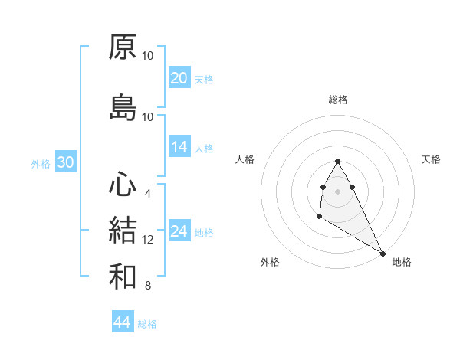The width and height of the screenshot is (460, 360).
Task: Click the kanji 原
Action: (123, 47)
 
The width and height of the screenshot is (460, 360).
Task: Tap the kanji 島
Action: (123, 108)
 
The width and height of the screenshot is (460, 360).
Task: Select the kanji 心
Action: (123, 185)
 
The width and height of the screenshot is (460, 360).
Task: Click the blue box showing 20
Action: (179, 78)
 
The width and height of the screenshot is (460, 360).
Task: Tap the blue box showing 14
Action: (179, 147)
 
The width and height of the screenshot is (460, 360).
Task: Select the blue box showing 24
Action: (179, 231)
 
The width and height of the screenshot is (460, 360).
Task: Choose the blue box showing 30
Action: (65, 162)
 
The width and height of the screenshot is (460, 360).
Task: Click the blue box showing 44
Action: (122, 322)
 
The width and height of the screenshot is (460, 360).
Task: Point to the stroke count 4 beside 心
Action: (148, 194)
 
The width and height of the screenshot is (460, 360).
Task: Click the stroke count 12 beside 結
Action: (148, 240)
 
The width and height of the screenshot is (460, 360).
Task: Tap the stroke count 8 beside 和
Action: (148, 286)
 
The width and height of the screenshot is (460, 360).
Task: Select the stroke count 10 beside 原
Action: (148, 55)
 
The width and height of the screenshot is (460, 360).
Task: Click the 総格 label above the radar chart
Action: (337, 100)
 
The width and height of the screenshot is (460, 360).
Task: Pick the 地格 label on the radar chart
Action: (402, 262)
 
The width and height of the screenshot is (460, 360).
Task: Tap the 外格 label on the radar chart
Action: (270, 262)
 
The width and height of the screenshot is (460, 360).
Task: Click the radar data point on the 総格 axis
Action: (337, 161)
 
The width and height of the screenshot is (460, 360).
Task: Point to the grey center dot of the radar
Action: (337, 191)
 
